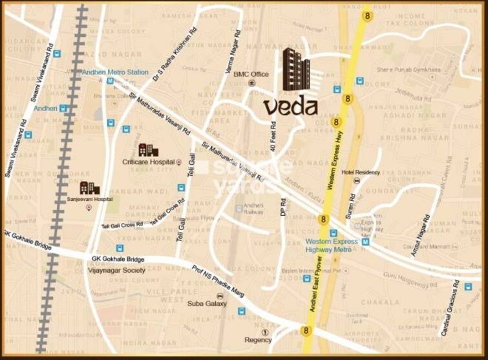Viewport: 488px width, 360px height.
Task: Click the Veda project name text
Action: tap(290, 106)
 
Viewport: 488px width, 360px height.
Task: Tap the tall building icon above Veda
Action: tap(296, 70)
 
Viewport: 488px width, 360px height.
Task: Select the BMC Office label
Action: tap(251, 74)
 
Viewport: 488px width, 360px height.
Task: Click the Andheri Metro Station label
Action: tap(115, 72)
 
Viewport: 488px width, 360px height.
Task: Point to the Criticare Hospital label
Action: tap(149, 162)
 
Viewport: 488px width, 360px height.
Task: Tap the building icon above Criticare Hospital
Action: tap(148, 150)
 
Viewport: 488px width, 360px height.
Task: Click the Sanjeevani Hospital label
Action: tap(90, 200)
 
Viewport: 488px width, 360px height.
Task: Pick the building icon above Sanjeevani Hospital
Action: tap(89, 187)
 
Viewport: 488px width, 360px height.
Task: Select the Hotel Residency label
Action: tap(361, 172)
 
